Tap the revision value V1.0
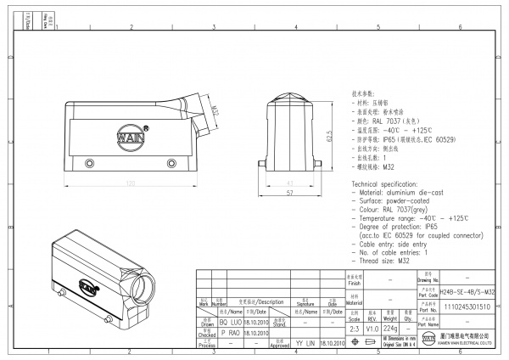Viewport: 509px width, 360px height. pyautogui.click(x=373, y=328)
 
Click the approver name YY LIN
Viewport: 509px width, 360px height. pyautogui.click(x=305, y=345)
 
